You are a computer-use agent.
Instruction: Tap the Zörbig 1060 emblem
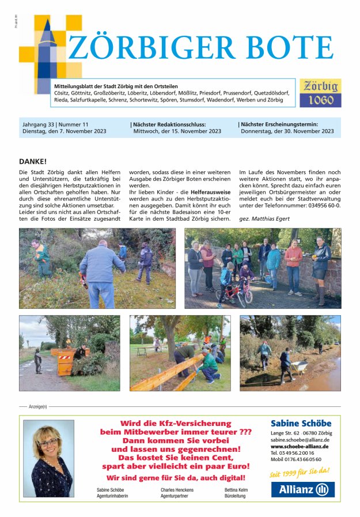click(x=320, y=93)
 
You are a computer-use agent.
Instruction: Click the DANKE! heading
click(x=32, y=161)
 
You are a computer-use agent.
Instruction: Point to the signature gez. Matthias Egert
click(x=264, y=219)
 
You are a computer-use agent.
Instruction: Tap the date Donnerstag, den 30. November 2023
click(x=287, y=131)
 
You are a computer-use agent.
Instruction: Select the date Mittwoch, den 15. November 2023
click(x=176, y=131)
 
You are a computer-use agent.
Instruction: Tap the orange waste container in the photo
click(x=63, y=359)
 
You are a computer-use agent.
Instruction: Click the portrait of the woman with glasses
click(x=48, y=458)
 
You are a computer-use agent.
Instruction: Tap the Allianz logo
click(x=302, y=490)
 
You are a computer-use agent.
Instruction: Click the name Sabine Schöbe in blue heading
click(x=301, y=424)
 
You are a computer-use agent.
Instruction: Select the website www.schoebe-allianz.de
click(x=300, y=446)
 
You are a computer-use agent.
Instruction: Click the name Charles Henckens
click(x=177, y=490)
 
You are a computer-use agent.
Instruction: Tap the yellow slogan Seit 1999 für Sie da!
click(x=300, y=473)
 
